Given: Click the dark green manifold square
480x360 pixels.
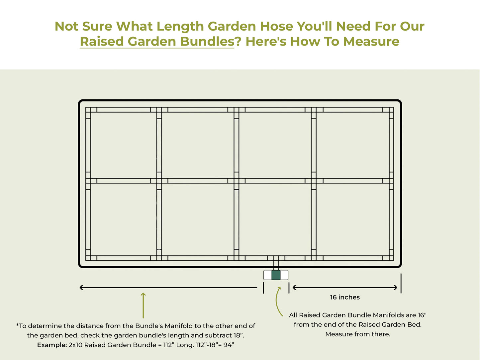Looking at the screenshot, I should [276, 275].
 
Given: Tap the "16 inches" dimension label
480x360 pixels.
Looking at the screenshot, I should [345, 297].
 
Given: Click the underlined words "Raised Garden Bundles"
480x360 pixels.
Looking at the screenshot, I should [157, 42].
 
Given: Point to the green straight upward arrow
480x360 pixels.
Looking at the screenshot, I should [143, 305].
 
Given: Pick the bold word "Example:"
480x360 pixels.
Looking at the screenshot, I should [52, 345].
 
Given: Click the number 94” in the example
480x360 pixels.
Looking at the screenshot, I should [229, 345].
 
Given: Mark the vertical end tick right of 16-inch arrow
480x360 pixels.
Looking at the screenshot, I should [401, 283].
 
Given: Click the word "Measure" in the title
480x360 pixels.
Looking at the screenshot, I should [371, 42].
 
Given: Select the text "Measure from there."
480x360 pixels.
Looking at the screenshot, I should [358, 334].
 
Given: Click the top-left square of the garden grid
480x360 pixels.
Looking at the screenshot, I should [123, 145].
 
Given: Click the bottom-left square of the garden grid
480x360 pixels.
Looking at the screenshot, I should [123, 219].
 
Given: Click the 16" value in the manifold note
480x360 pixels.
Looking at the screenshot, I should [422, 315].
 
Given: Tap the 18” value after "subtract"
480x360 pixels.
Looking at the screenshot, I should [239, 335].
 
